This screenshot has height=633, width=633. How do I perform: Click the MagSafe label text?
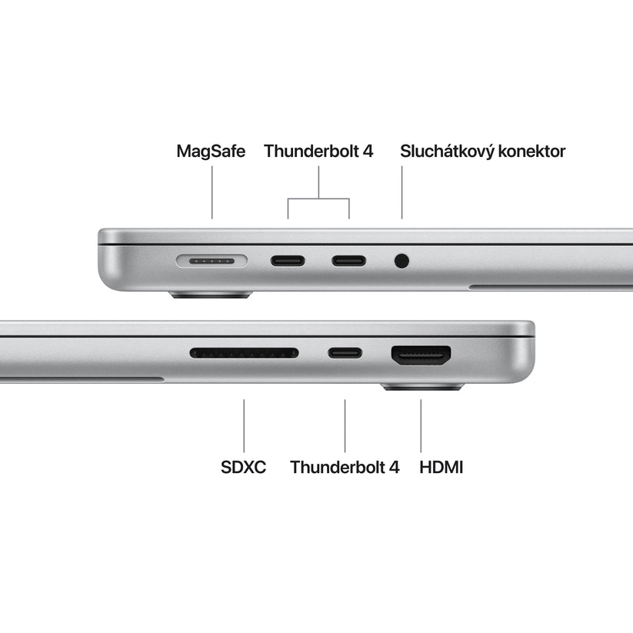[211, 152]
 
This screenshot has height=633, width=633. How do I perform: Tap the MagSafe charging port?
[212, 261]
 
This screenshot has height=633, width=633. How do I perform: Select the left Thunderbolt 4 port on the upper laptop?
[288, 260]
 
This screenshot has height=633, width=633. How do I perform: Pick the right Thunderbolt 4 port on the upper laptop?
[348, 260]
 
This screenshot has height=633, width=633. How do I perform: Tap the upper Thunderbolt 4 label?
[318, 152]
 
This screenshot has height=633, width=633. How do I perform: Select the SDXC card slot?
[244, 353]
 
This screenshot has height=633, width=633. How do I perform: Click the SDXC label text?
[243, 467]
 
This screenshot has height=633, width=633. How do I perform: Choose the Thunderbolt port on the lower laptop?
[345, 353]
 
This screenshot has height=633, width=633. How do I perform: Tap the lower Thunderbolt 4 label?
[345, 467]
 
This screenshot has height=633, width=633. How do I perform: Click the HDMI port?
[421, 355]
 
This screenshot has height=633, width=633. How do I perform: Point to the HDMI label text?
[441, 467]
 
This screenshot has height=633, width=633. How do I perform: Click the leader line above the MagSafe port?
[212, 192]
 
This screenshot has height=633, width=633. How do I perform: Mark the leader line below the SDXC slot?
[244, 425]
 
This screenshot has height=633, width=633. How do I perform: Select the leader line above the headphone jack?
[401, 192]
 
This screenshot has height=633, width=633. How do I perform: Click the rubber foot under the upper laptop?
[211, 294]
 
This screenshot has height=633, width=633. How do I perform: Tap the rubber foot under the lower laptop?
[422, 387]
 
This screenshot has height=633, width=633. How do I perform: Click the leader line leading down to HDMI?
[421, 425]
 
